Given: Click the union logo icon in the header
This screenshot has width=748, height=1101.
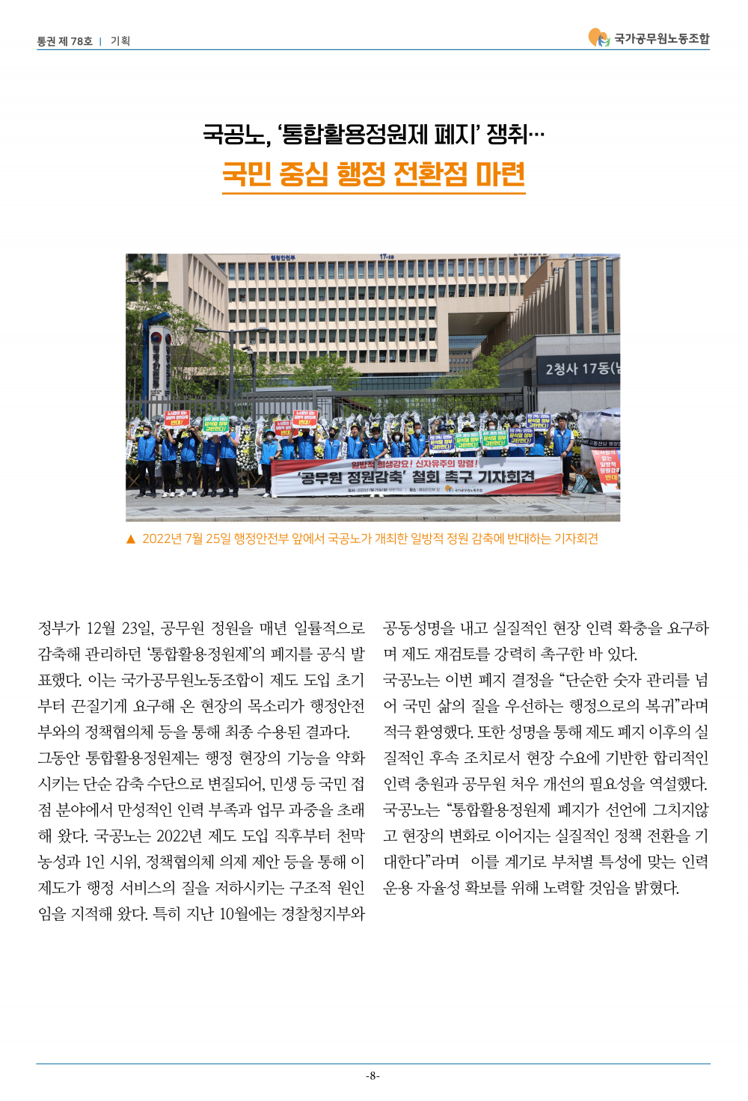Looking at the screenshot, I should coord(598,37).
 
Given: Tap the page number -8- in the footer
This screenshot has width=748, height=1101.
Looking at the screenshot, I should coord(373,1076).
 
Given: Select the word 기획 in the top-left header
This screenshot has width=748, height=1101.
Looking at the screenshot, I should coord(120,41).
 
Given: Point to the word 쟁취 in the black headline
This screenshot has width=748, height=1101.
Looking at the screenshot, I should coord(507,135).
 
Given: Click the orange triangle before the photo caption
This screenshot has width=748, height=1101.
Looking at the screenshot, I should coord(131,539).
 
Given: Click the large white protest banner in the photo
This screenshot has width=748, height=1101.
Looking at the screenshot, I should coord(417,476).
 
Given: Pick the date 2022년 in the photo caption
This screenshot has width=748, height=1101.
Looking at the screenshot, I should coord(162,539).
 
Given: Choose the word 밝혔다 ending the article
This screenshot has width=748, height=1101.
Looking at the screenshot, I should coord(656,888).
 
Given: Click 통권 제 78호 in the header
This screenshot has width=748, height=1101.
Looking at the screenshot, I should coord(65,41).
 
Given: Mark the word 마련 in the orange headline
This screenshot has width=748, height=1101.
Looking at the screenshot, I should coord(500,175).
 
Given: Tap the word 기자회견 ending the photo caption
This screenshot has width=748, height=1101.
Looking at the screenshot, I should coord(576,539).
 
